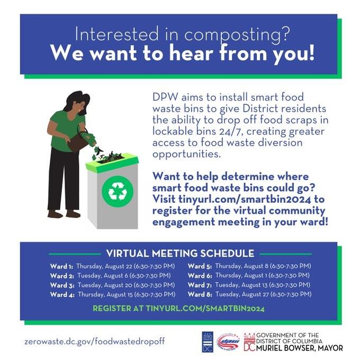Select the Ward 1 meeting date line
pyautogui.click(x=113, y=266)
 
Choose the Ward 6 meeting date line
pyautogui.click(x=249, y=275)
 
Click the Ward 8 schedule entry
pyautogui.click(x=249, y=294)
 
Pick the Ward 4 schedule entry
pyautogui.click(x=113, y=294)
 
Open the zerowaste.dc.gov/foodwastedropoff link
pyautogui.click(x=95, y=341)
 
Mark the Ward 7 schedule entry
pyautogui.click(x=249, y=285)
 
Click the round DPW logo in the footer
pyautogui.click(x=229, y=342)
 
